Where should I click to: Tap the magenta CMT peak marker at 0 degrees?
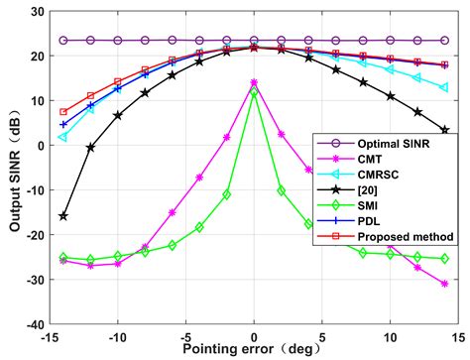[254, 83]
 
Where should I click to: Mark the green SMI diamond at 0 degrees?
[254, 92]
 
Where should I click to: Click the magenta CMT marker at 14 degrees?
[444, 283]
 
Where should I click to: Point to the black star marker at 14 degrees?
[444, 130]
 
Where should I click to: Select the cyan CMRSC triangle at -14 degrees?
[63, 136]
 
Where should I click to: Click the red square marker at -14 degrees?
[63, 112]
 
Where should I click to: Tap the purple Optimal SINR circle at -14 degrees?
[63, 41]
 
